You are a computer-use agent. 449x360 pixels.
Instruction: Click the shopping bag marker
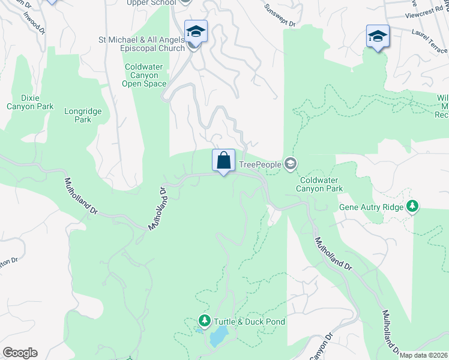(x=223, y=161)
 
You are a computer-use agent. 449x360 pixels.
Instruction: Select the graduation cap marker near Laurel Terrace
(x=378, y=37)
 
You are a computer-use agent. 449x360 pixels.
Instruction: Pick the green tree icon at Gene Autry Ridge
(x=412, y=206)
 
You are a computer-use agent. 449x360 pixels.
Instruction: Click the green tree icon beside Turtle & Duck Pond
(x=205, y=322)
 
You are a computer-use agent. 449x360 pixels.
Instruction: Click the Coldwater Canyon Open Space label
(x=144, y=76)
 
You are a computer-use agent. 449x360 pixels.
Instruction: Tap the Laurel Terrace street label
(x=430, y=42)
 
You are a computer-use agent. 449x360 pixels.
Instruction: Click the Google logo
(x=20, y=353)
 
